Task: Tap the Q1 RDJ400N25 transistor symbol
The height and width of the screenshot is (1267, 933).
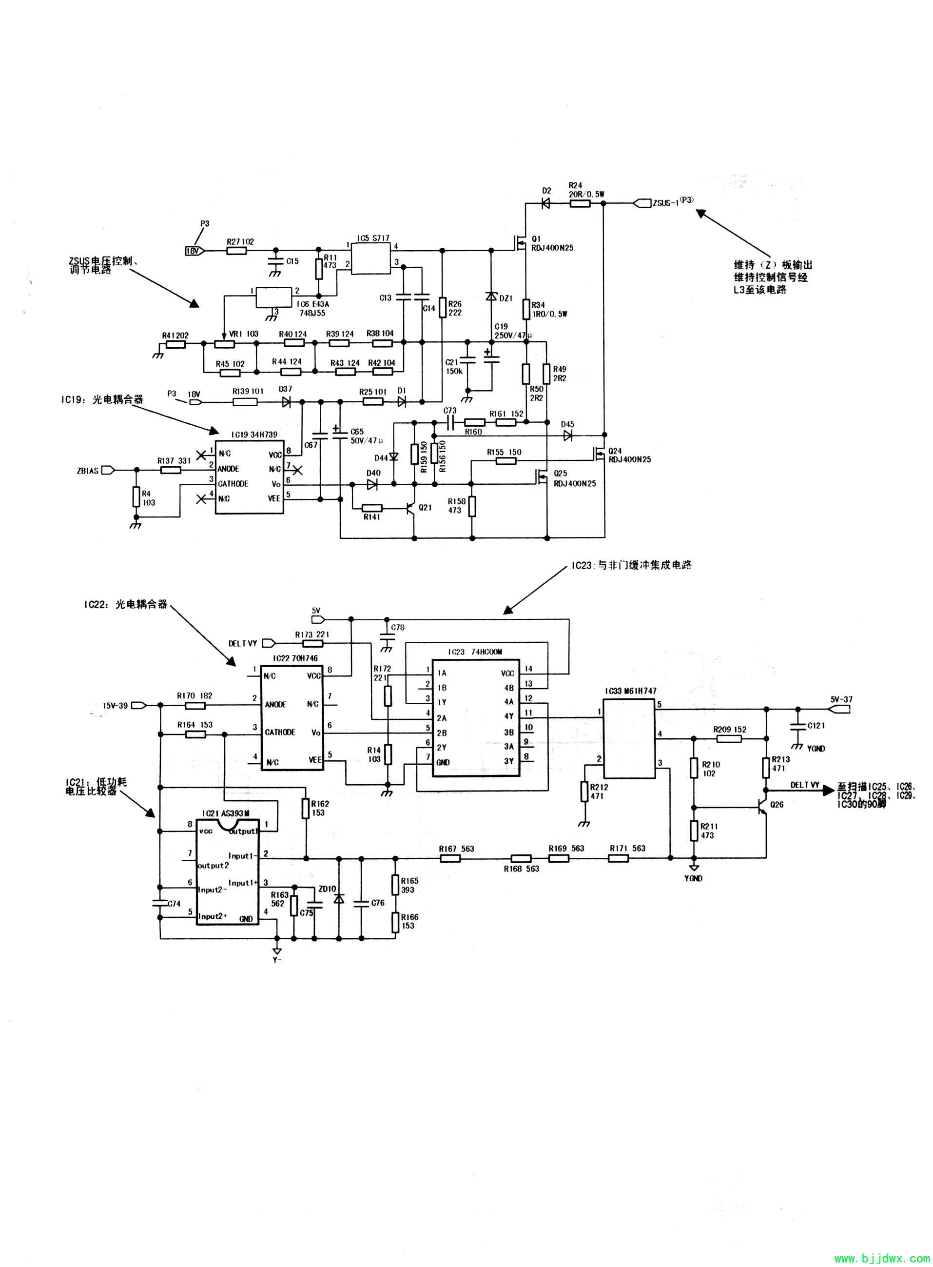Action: point(521,243)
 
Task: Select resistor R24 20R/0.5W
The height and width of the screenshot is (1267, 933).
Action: point(580,204)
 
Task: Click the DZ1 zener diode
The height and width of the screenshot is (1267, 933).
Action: point(491,297)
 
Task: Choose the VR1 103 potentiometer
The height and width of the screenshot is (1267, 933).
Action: point(225,343)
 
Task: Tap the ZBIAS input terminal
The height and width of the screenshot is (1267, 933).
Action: point(107,470)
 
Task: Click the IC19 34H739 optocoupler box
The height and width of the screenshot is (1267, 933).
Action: point(249,477)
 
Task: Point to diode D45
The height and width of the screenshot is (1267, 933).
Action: point(568,435)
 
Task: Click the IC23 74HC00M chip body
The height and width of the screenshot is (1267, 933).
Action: point(476,717)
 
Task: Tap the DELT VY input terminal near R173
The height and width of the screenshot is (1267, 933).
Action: point(269,643)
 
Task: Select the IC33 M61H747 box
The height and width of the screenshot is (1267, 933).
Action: point(629,738)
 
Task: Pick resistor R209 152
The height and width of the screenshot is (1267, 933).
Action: point(729,738)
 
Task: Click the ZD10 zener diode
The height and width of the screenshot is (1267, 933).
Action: point(339,899)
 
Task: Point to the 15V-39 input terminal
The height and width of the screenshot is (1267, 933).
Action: point(138,705)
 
